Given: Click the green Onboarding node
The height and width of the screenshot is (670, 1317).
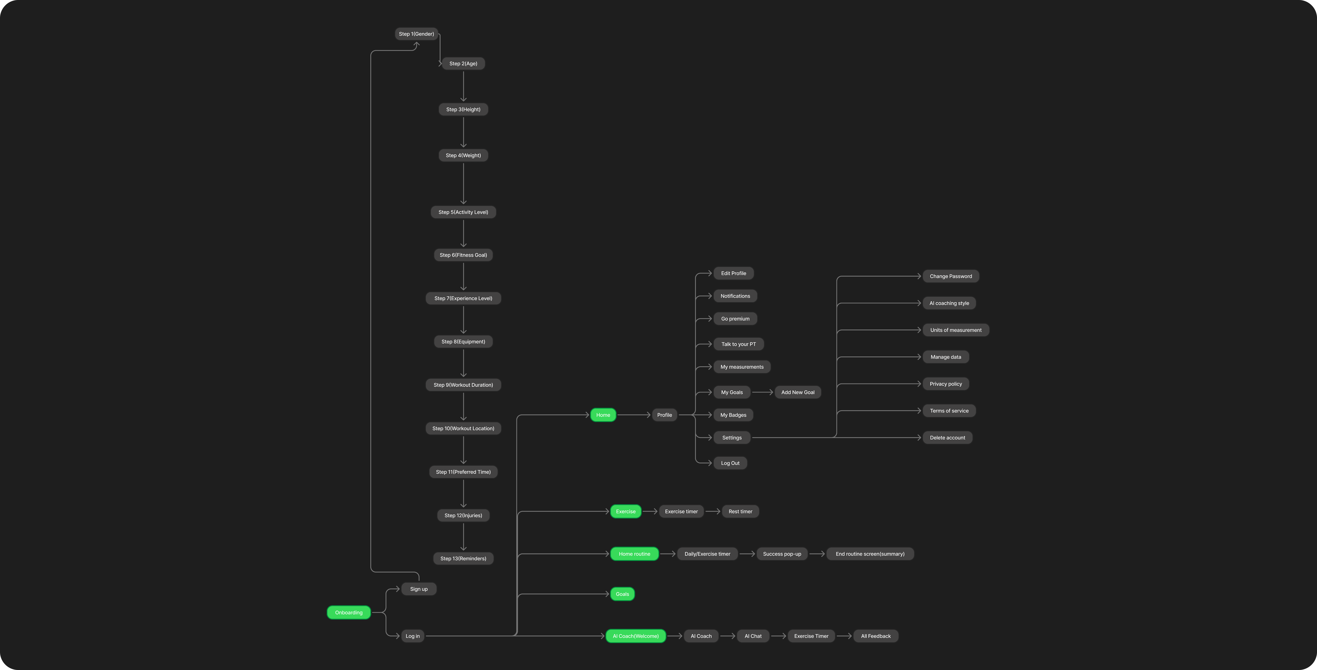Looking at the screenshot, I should (349, 612).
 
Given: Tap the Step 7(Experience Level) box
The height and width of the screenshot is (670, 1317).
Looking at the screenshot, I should (463, 298).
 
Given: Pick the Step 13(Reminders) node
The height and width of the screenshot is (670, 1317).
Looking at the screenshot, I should (463, 559).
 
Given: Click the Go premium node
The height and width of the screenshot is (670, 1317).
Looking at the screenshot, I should (735, 319).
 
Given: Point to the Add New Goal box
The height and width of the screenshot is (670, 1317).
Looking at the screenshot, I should (798, 393).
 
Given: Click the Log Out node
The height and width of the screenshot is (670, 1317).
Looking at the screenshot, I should (730, 463).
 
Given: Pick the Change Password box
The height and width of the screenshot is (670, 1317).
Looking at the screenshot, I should (950, 276).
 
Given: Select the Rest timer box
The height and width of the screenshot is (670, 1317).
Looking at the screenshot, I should (740, 512).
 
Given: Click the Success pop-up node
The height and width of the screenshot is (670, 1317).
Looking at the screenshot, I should (782, 554).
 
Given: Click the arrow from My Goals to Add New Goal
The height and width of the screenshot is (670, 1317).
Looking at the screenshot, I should (762, 393).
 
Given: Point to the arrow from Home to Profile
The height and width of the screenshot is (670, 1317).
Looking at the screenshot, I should (634, 415).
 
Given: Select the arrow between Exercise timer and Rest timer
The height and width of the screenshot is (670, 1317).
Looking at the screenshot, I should (713, 512).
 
